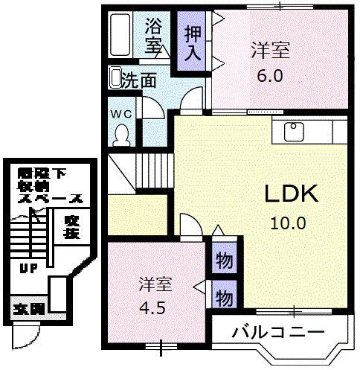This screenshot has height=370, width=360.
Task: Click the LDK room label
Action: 292,194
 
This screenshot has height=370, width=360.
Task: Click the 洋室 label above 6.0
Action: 269,52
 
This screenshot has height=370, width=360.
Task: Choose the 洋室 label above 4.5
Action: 155,284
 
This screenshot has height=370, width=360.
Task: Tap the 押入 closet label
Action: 193,43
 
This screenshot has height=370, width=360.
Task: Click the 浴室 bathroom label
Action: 153,35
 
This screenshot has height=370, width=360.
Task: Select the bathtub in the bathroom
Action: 123,36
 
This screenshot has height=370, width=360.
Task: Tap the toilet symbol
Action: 120,135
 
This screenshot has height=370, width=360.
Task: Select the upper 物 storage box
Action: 222,261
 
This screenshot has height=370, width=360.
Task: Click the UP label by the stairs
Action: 29,269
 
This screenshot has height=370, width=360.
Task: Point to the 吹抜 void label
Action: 71,226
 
